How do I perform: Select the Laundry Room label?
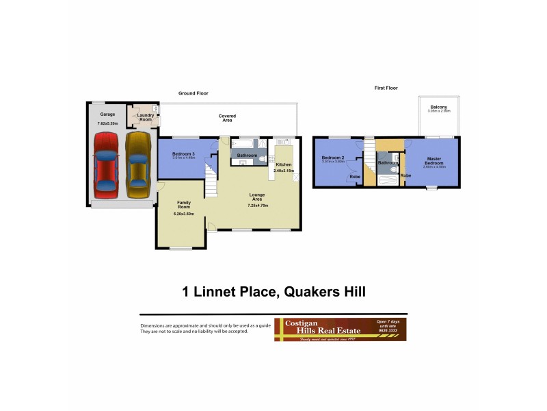pos(145,117)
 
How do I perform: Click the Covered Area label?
pos(227,118)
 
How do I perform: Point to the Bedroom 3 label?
pos(183,154)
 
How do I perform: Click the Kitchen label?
pos(283,165)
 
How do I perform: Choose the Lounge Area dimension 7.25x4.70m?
pos(258,206)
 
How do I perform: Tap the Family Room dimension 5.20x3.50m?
pos(183,214)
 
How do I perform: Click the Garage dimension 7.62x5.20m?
pos(107,123)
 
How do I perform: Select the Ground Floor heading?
pos(193,93)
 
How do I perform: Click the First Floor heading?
pos(386,88)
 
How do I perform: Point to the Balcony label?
pos(439,108)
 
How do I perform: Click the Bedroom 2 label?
pos(334,158)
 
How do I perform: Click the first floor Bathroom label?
pos(388,162)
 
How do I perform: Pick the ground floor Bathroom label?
pos(247,155)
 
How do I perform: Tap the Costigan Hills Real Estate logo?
pos(340,329)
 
